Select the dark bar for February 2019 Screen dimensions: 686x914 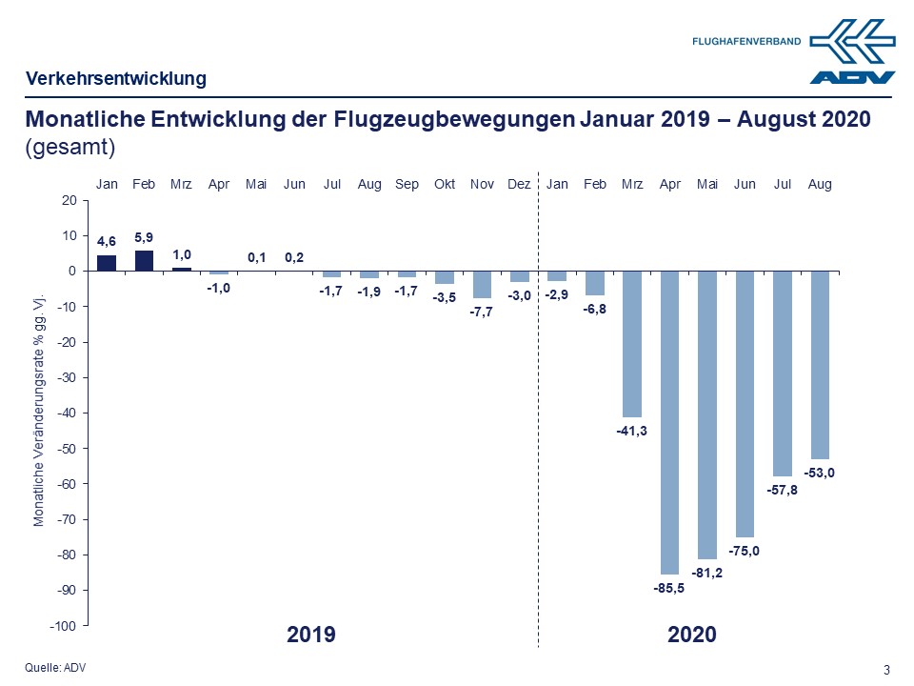coord(144,260)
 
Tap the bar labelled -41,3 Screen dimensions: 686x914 coord(632,344)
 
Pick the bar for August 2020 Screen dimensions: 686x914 coord(820,365)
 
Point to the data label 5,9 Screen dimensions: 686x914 coord(144,238)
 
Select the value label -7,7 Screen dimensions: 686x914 coord(482,313)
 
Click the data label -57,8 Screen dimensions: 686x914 coord(783,490)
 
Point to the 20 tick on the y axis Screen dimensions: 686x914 coord(69,200)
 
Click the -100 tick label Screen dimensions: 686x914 coord(62,626)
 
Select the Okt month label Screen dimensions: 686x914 coord(445,184)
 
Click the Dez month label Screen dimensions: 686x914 coord(519,184)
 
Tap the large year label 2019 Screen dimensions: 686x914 coord(311,635)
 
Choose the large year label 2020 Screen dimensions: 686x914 coord(691,635)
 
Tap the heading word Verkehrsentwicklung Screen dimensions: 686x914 coord(115,78)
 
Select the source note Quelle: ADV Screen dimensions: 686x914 coord(55,667)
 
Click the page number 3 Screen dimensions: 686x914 coord(887,670)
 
